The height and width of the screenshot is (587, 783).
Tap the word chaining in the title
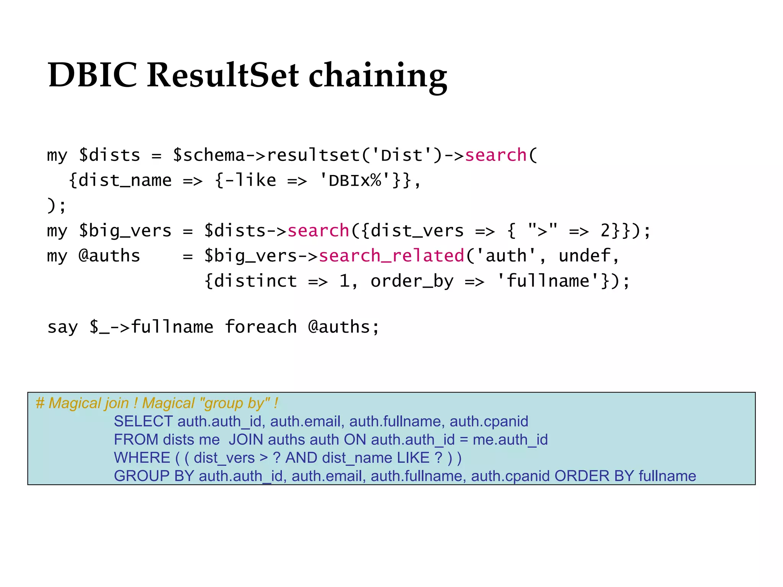pyautogui.click(x=378, y=76)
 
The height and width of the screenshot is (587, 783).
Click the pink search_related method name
pyautogui.click(x=391, y=256)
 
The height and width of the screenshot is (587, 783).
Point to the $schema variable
pyautogui.click(x=208, y=156)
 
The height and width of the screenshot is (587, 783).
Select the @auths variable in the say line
pyautogui.click(x=339, y=327)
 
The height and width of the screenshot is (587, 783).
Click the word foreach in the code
pyautogui.click(x=261, y=327)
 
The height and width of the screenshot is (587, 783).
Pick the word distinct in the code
pyautogui.click(x=255, y=281)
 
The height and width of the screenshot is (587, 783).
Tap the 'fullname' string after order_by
pyautogui.click(x=547, y=281)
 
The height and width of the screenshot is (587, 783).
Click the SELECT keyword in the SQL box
pyautogui.click(x=143, y=422)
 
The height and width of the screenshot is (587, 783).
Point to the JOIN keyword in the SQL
pyautogui.click(x=246, y=440)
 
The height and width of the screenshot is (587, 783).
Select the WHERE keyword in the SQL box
pyautogui.click(x=142, y=458)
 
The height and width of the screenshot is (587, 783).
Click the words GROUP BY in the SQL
pyautogui.click(x=154, y=476)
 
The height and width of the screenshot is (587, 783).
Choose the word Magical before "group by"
pyautogui.click(x=168, y=404)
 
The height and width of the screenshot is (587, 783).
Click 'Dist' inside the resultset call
pyautogui.click(x=401, y=156)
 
